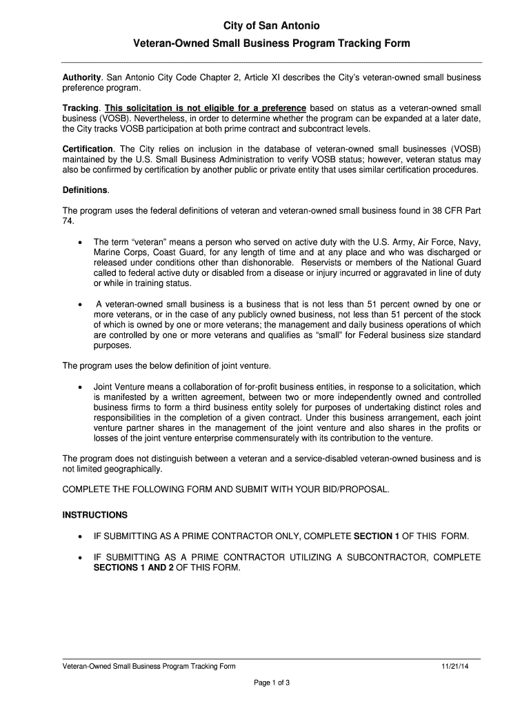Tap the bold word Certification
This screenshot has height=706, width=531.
88,149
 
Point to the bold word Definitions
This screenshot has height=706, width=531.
86,190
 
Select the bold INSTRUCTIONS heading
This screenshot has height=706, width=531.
95,514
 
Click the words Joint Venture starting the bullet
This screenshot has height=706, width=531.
121,387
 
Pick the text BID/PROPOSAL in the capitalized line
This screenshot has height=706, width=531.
355,490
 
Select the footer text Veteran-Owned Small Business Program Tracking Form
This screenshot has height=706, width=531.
149,666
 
